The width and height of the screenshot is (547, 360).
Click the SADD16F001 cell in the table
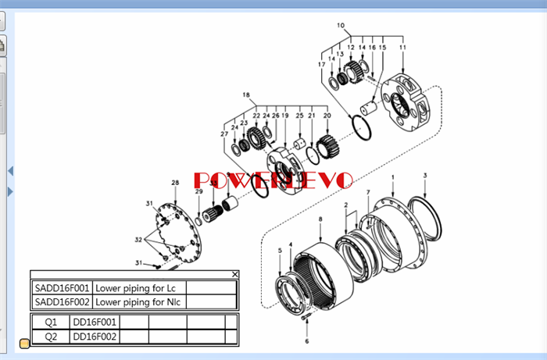click(63, 287)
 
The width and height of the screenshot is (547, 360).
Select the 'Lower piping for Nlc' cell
click(140, 301)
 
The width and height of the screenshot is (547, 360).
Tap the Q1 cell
click(51, 322)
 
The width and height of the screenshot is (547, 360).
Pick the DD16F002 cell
click(95, 337)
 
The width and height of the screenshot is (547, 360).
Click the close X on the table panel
click(235, 274)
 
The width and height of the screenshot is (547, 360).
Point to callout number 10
click(341, 26)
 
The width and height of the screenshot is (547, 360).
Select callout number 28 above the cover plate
click(175, 183)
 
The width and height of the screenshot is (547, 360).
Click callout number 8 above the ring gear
click(319, 219)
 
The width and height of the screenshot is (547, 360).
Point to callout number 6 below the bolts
click(307, 341)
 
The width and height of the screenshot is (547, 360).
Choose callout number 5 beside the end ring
click(280, 250)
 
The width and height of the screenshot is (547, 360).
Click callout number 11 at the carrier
click(402, 48)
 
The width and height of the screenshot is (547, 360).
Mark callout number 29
click(198, 191)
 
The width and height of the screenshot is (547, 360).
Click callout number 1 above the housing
click(392, 178)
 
